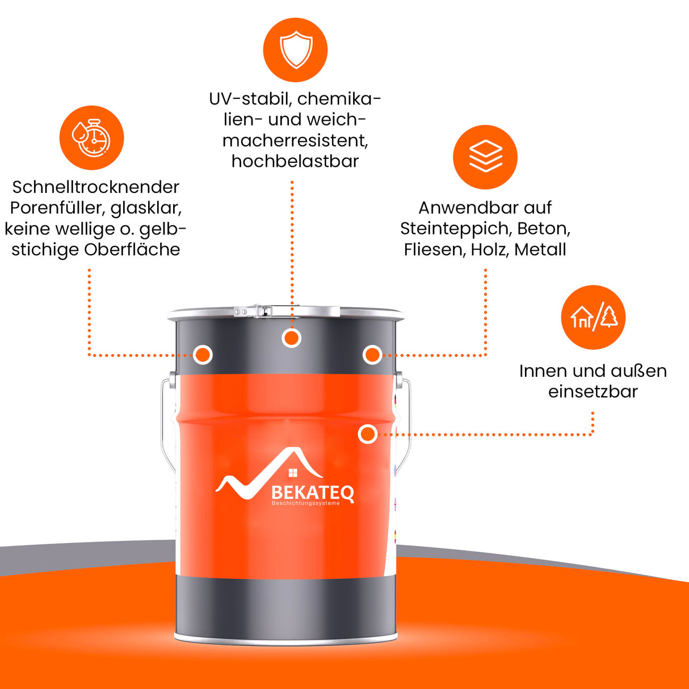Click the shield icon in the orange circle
pyautogui.click(x=296, y=49)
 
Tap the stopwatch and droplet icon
pyautogui.click(x=91, y=138)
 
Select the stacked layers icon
pyautogui.click(x=486, y=156)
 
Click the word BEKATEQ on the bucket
pyautogui.click(x=313, y=493)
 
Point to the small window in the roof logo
pyautogui.click(x=293, y=473)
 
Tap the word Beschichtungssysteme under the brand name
pyautogui.click(x=306, y=503)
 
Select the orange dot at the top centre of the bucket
pyautogui.click(x=291, y=338)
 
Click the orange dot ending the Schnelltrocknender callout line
pyautogui.click(x=203, y=355)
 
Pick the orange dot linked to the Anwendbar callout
pyautogui.click(x=372, y=355)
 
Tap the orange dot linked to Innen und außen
pyautogui.click(x=367, y=434)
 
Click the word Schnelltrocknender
pyautogui.click(x=96, y=187)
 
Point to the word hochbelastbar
pyautogui.click(x=295, y=161)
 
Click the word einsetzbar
pyautogui.click(x=593, y=392)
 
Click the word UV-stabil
pyautogui.click(x=249, y=99)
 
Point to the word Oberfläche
pyautogui.click(x=132, y=250)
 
